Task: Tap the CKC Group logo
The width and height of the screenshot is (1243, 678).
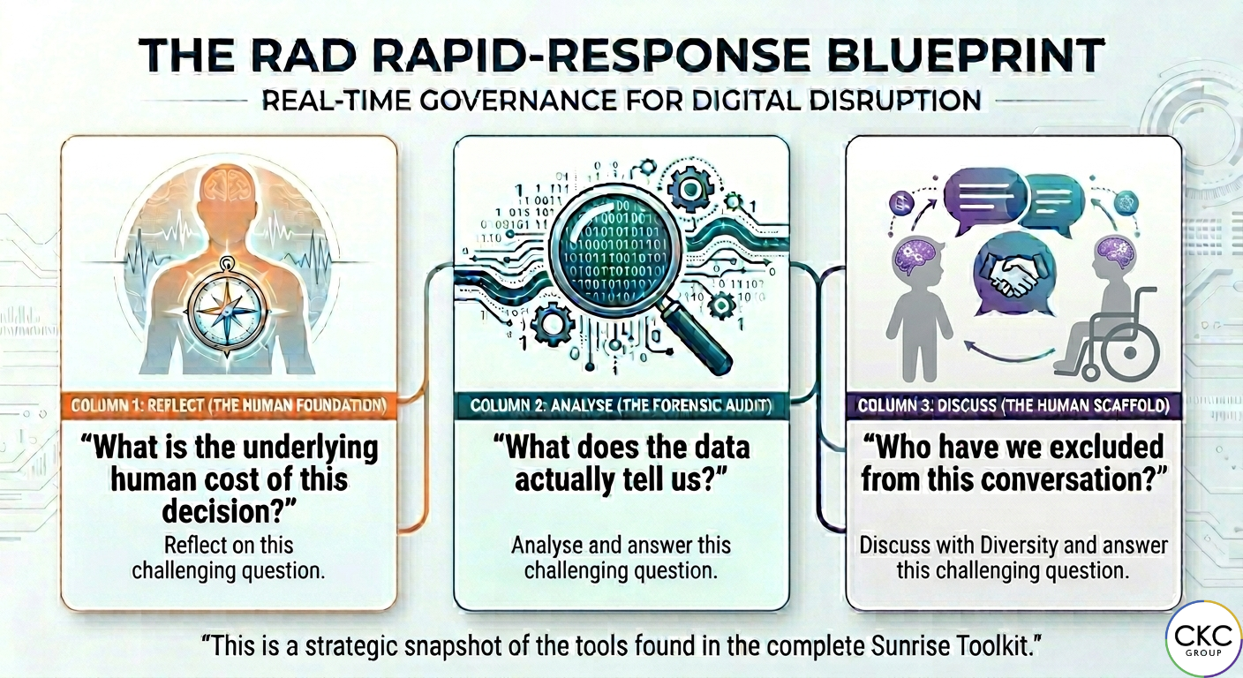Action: click(x=1203, y=639)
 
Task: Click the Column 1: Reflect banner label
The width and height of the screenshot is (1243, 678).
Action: click(x=230, y=406)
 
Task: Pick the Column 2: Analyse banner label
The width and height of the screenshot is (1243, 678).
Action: click(x=621, y=406)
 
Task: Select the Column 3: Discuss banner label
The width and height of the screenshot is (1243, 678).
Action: click(x=1013, y=406)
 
